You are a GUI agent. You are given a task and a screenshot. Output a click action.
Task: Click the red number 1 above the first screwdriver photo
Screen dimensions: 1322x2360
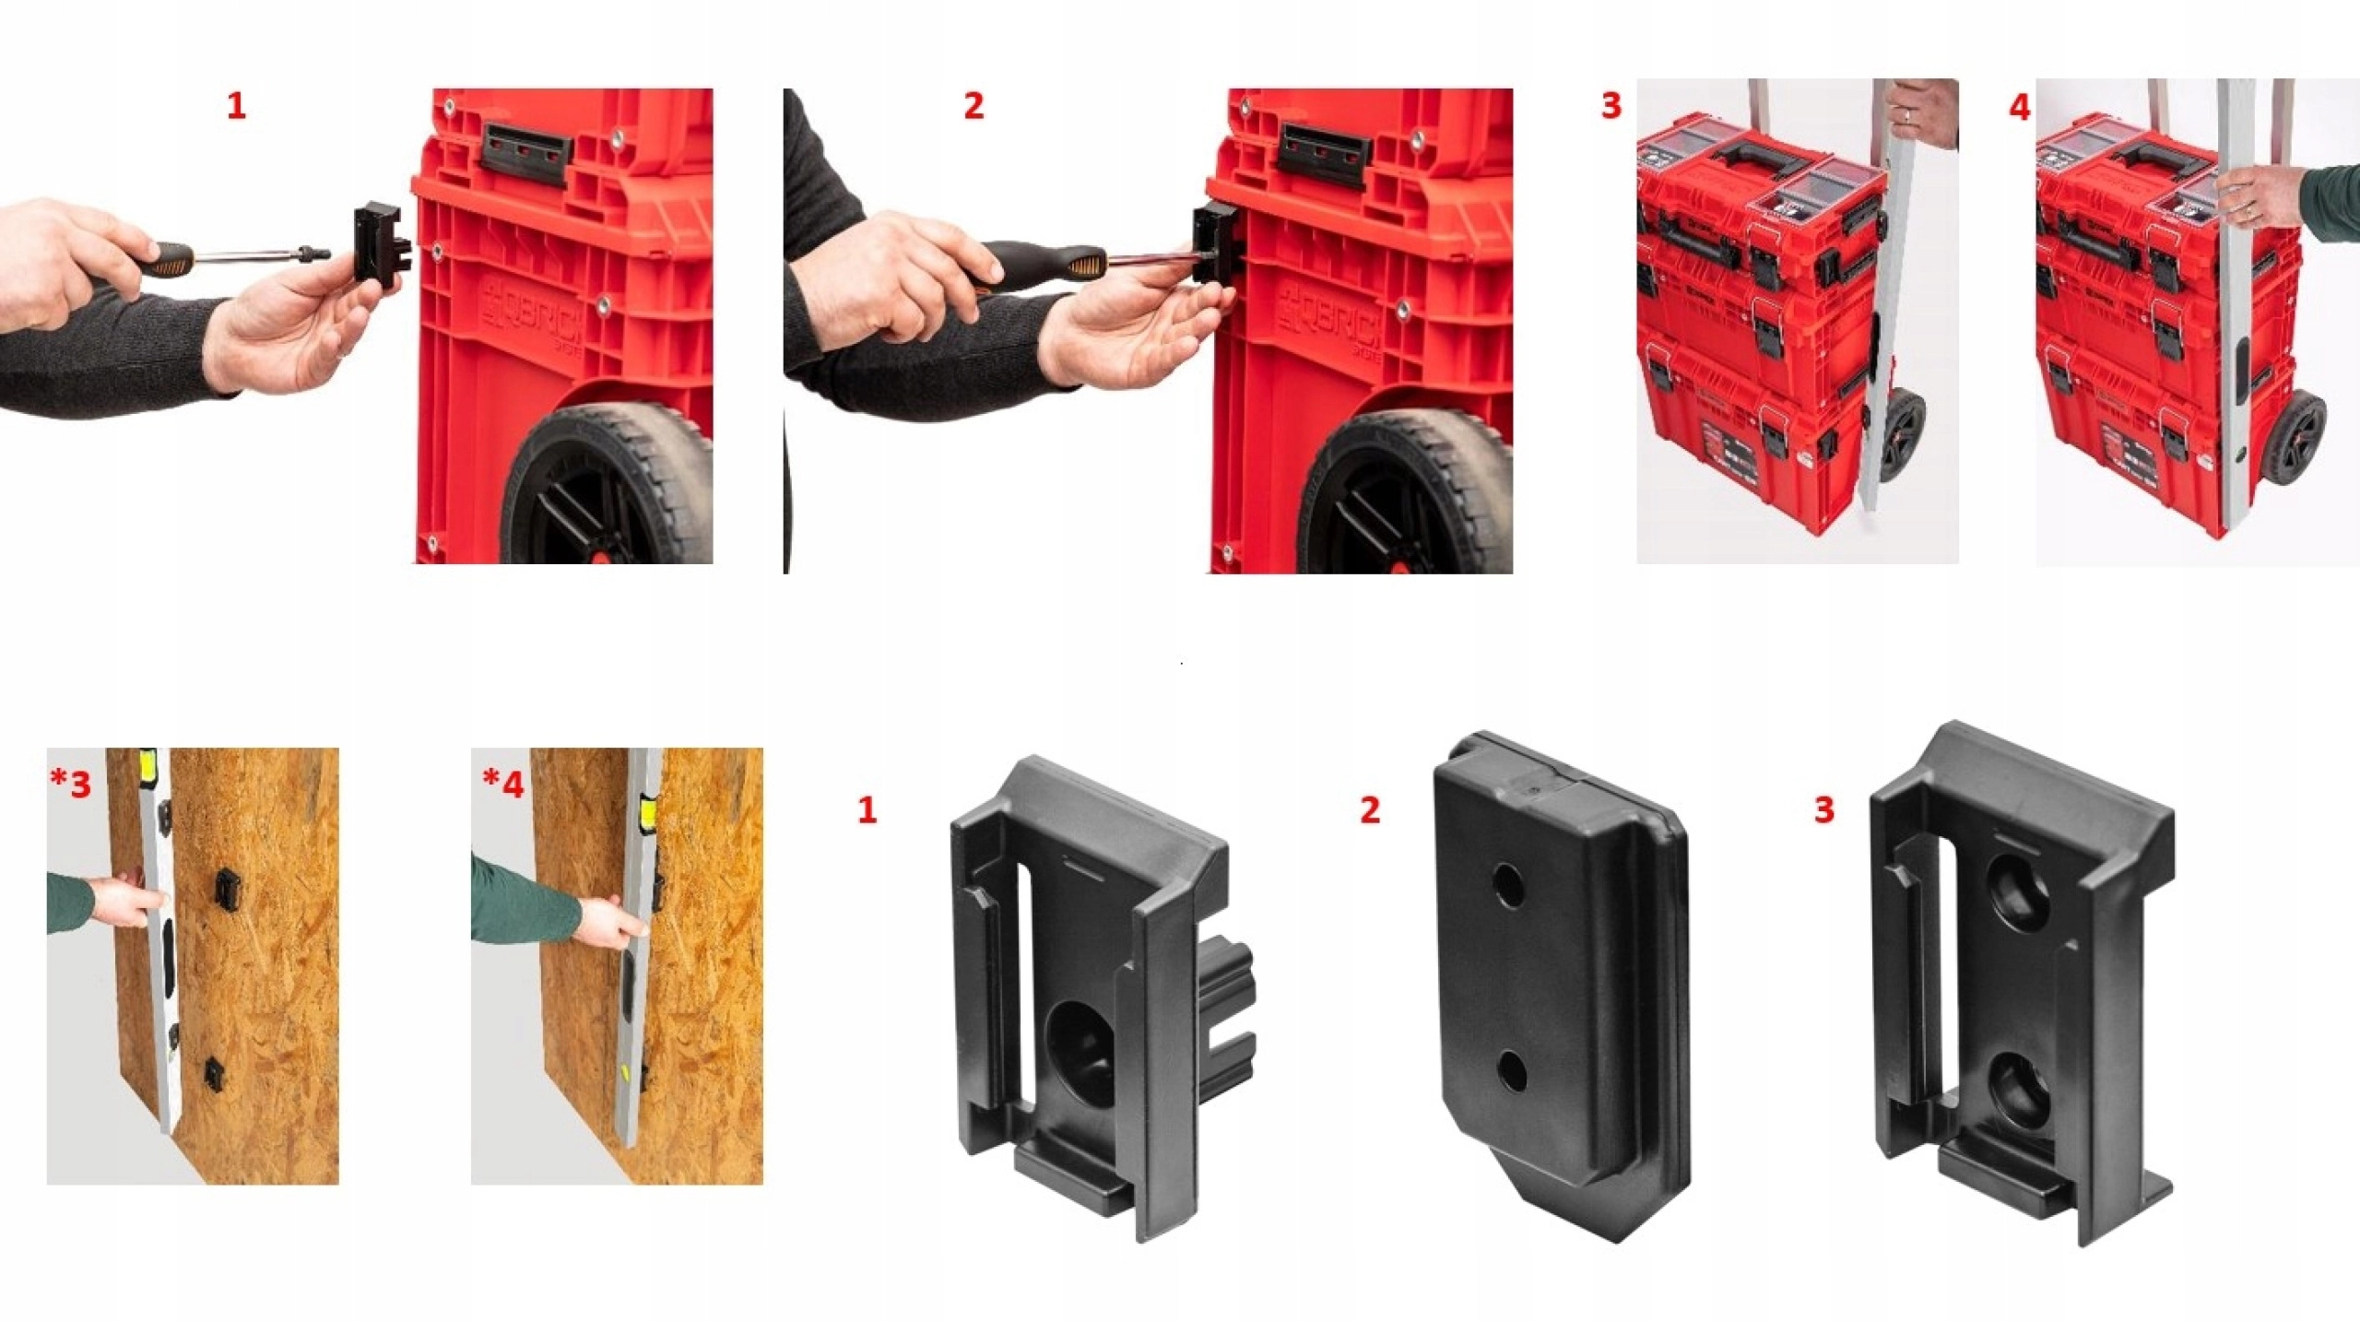[x=236, y=106]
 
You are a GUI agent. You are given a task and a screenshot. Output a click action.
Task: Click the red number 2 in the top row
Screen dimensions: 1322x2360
[x=973, y=106]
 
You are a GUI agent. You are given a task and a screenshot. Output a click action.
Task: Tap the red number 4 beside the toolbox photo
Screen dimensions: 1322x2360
[x=2019, y=108]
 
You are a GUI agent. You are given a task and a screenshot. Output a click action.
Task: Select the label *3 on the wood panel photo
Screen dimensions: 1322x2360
[x=71, y=784]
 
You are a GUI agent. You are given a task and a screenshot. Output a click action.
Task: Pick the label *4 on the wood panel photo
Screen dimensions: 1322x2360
[x=503, y=784]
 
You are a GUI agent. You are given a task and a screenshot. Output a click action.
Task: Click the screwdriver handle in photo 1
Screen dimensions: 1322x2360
[x=172, y=257]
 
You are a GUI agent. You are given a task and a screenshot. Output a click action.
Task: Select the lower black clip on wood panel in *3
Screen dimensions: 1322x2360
[x=213, y=1072]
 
